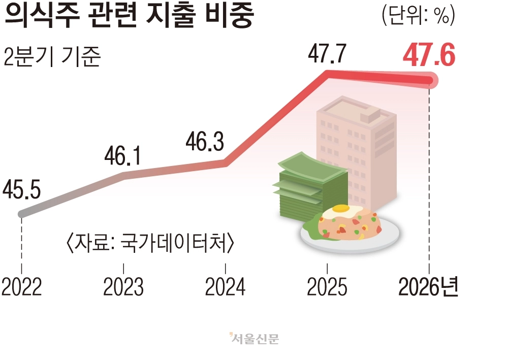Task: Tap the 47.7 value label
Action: coord(327,53)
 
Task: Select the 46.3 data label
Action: coord(205,142)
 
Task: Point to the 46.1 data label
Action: coord(123,156)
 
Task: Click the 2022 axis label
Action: coord(22,286)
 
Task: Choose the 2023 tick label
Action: coord(123,286)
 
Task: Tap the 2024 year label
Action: coord(225,286)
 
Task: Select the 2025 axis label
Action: coord(327,286)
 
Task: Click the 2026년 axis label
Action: coord(428,286)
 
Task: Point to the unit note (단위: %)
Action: coord(419,15)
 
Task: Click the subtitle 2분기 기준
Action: coord(52,57)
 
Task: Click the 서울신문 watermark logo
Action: coord(255,339)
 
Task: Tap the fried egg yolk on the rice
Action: coord(340,209)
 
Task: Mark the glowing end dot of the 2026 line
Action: coord(430,80)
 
